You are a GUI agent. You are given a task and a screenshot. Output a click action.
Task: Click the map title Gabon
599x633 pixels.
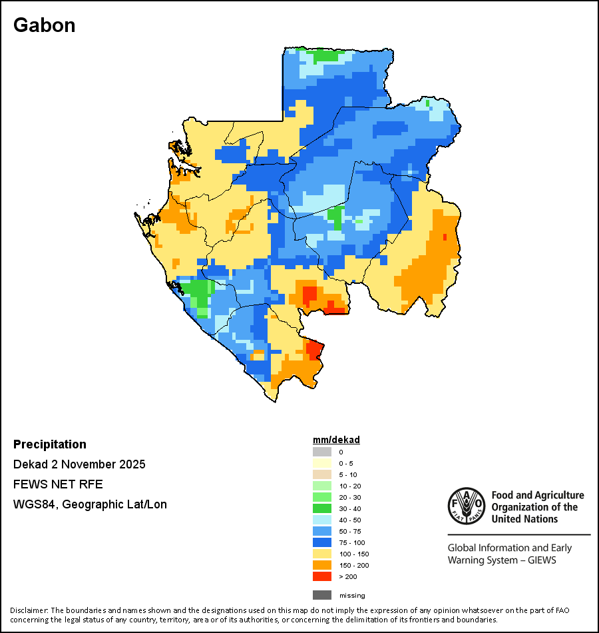pos(44,25)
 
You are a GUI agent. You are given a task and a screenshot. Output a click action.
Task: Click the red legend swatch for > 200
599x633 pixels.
pos(321,576)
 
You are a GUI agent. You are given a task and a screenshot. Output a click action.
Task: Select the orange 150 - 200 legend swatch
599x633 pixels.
pos(321,565)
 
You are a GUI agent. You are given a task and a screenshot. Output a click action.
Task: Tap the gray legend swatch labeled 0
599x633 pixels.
pos(321,452)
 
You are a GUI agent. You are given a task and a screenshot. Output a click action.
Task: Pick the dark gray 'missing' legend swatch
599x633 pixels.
pos(321,595)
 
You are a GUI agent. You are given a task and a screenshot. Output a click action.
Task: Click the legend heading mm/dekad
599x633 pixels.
pos(336,440)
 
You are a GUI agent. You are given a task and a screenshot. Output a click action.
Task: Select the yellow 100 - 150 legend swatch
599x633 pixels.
pos(321,554)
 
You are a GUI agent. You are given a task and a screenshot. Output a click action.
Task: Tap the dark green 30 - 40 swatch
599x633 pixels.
pos(321,508)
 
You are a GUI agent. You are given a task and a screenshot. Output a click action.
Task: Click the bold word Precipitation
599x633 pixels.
pos(50,444)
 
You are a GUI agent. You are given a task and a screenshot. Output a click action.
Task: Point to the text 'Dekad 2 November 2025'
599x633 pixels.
pos(79,464)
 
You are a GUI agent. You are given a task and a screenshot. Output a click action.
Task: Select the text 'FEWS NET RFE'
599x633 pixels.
pos(58,484)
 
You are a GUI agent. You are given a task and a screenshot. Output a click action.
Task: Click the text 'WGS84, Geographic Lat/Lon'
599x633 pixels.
pos(90,504)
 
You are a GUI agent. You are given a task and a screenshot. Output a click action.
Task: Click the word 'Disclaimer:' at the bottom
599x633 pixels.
pos(29,610)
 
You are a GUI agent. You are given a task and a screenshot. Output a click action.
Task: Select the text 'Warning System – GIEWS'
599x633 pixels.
pos(502,560)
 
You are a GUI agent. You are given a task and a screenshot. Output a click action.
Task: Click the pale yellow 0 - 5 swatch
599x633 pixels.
pos(321,463)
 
